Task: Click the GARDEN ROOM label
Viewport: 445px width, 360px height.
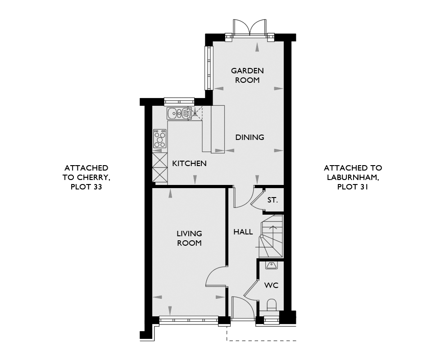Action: [x=247, y=75]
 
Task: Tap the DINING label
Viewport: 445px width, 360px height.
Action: [x=250, y=137]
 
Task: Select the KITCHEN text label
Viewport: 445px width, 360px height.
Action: [x=189, y=163]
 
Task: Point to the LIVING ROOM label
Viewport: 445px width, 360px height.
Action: [x=189, y=238]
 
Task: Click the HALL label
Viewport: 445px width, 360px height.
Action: [x=243, y=232]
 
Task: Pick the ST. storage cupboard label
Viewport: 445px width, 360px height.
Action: [x=272, y=200]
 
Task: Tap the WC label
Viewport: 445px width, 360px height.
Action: [x=271, y=285]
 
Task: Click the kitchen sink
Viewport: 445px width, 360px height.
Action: [x=179, y=113]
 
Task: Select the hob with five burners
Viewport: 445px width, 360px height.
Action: [x=160, y=138]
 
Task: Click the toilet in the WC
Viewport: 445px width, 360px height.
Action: [x=272, y=305]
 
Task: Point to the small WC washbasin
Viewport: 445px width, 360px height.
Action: [x=272, y=265]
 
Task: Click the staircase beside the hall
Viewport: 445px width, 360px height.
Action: [x=271, y=236]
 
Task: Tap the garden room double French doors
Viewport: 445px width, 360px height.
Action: [x=250, y=27]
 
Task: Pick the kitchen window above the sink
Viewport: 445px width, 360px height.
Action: [x=179, y=102]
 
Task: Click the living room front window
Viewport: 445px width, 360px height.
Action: [x=189, y=320]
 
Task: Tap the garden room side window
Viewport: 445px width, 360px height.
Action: [x=209, y=67]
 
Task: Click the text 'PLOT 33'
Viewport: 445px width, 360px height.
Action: [x=86, y=187]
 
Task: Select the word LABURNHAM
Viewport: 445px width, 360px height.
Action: [x=353, y=177]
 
